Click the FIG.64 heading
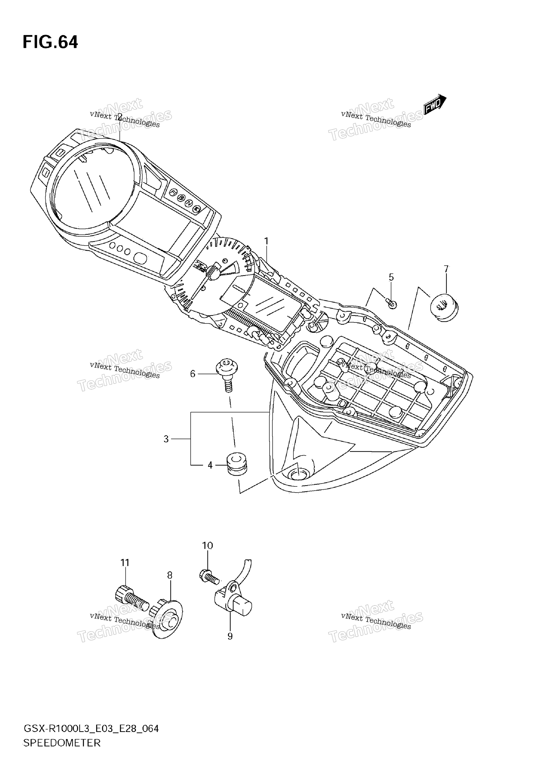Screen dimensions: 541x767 coord(50,42)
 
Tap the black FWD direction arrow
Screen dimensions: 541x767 coord(435,104)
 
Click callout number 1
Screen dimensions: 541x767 coord(266,241)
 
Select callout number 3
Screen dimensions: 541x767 coord(166,439)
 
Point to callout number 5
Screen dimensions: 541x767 coord(391,277)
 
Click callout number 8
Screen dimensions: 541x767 coord(170,575)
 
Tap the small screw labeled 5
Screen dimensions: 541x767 coord(391,303)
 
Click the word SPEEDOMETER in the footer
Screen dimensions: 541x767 coord(62,743)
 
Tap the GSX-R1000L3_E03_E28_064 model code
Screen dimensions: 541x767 coord(91,728)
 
